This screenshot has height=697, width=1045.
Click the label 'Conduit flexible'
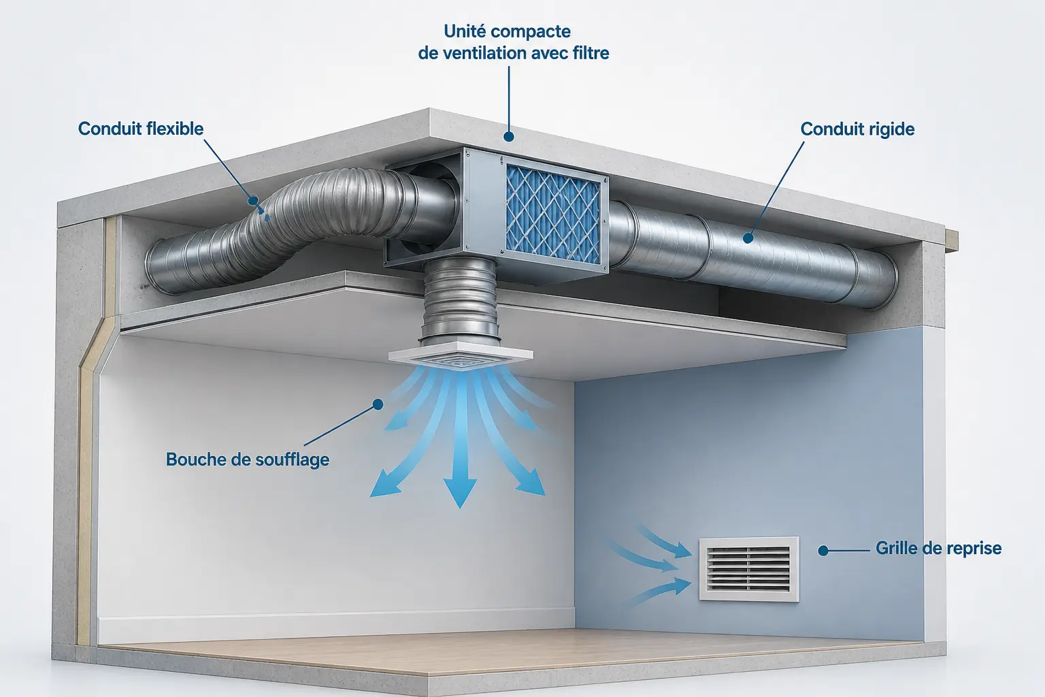pyautogui.click(x=140, y=129)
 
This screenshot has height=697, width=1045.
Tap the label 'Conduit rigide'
pyautogui.click(x=857, y=129)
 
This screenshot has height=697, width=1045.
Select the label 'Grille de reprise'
pyautogui.click(x=938, y=548)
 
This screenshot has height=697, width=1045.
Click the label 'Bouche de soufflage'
pyautogui.click(x=248, y=459)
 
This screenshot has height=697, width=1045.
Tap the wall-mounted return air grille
pyautogui.click(x=749, y=568)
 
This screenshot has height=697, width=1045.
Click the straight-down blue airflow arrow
pyautogui.click(x=460, y=444)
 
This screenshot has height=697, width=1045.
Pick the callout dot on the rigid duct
pyautogui.click(x=748, y=238)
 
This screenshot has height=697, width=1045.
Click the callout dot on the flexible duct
pyautogui.click(x=253, y=201)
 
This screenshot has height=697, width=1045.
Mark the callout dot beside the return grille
pyautogui.click(x=823, y=551)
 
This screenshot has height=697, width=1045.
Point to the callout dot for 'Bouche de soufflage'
pyautogui.click(x=378, y=404)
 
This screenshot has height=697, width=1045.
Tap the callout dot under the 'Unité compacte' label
pyautogui.click(x=509, y=136)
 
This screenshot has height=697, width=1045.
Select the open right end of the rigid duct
pyautogui.click(x=882, y=280)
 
